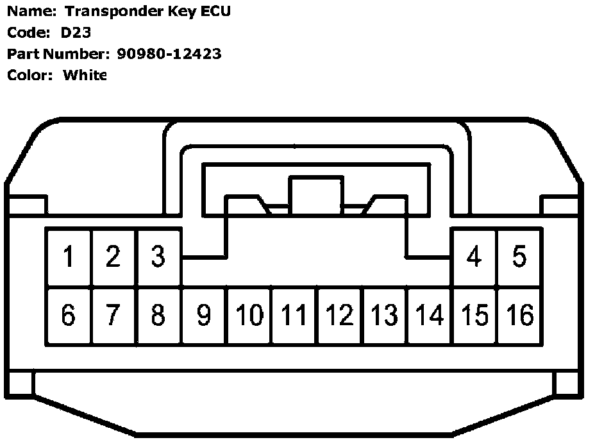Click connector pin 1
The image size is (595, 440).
pyautogui.click(x=68, y=257)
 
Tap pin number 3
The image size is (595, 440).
pyautogui.click(x=158, y=257)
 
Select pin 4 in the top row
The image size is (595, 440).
pyautogui.click(x=474, y=257)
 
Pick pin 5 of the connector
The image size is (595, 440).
pyautogui.click(x=519, y=257)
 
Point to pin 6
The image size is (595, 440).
pyautogui.click(x=68, y=315)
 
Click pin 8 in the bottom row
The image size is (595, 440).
pyautogui.click(x=158, y=315)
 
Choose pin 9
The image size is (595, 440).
pyautogui.click(x=203, y=315)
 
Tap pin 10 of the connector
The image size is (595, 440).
pyautogui.click(x=249, y=315)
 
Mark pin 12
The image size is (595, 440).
pyautogui.click(x=340, y=315)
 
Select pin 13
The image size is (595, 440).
pyautogui.click(x=385, y=315)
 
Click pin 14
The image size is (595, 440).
pyautogui.click(x=430, y=315)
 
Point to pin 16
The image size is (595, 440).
pyautogui.click(x=520, y=315)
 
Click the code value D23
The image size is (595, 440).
pyautogui.click(x=76, y=32)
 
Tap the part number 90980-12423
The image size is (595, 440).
pyautogui.click(x=169, y=53)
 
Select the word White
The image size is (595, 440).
pyautogui.click(x=85, y=75)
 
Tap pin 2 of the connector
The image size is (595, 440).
pyautogui.click(x=113, y=257)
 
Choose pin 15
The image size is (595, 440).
pyautogui.click(x=475, y=315)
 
